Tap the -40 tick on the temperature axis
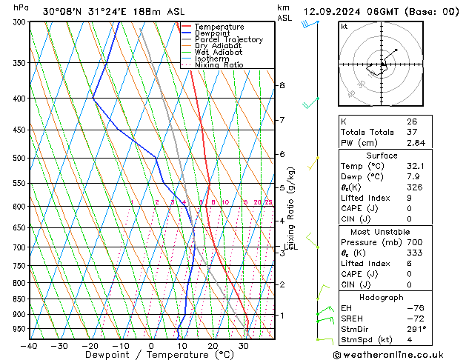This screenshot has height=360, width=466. pos(30,346)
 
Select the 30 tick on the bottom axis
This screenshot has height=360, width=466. pos(243,346)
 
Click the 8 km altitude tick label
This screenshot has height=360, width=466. pos(282,86)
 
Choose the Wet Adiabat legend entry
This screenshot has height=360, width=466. pos(219,53)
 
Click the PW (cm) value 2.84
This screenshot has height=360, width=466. pos(416,143)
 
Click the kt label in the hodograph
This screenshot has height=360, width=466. pos(344,27)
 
